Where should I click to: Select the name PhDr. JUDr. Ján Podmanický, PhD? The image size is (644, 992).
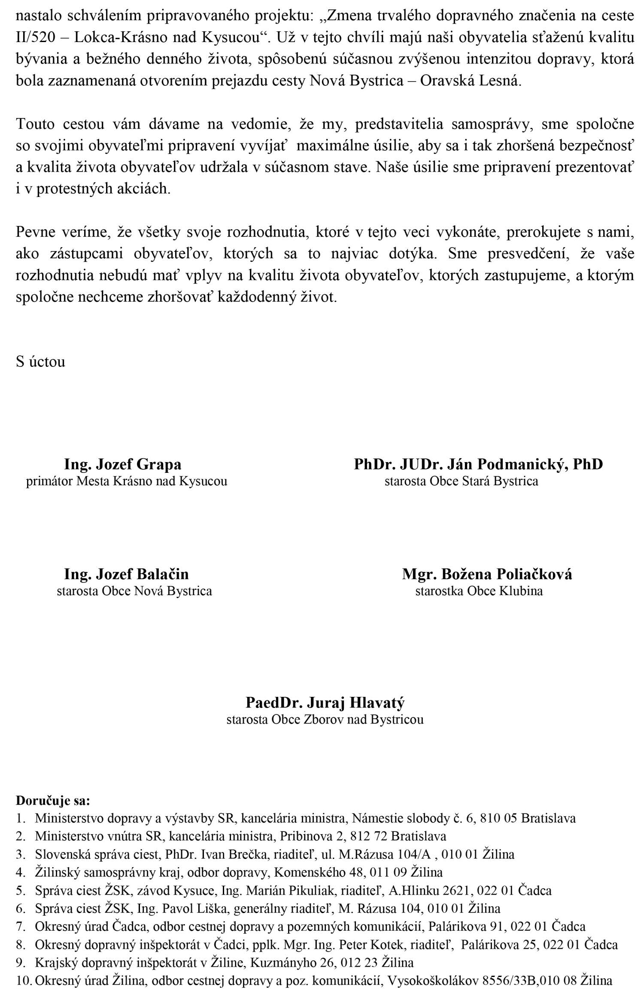click(x=478, y=464)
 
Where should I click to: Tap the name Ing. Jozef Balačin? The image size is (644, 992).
click(x=126, y=574)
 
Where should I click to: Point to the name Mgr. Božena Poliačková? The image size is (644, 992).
click(x=487, y=574)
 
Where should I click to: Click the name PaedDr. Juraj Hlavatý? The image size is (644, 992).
click(x=325, y=702)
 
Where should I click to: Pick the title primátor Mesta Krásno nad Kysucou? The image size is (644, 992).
click(x=127, y=481)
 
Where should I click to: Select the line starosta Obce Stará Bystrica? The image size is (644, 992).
click(x=461, y=481)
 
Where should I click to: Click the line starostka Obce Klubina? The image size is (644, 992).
click(x=479, y=591)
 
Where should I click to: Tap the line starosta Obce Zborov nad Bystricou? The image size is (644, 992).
click(x=325, y=720)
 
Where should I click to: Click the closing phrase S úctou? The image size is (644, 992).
click(x=40, y=361)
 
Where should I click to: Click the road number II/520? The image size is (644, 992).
click(x=36, y=38)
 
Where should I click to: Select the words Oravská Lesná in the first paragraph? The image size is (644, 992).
click(x=470, y=81)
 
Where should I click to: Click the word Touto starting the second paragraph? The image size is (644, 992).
click(x=36, y=124)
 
